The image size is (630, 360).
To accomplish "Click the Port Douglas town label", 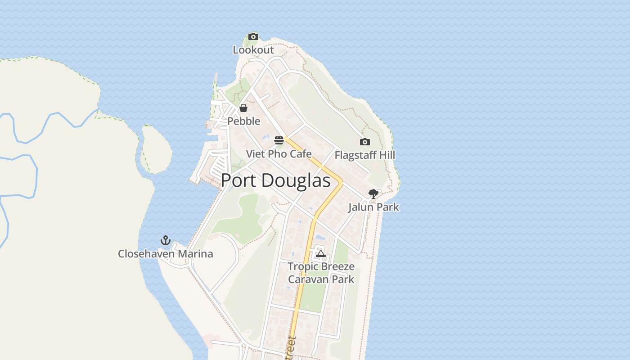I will pyautogui.click(x=275, y=180).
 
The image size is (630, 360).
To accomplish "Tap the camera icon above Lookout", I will pyautogui.click(x=253, y=37).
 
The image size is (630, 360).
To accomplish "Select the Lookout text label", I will pyautogui.click(x=253, y=50).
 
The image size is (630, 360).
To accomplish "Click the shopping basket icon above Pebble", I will pyautogui.click(x=243, y=108).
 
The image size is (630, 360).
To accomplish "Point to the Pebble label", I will pyautogui.click(x=244, y=121).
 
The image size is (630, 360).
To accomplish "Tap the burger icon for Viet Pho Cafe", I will pyautogui.click(x=279, y=140).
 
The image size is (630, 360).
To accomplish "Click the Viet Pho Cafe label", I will pyautogui.click(x=279, y=154).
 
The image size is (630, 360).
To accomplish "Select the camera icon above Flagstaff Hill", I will pyautogui.click(x=365, y=142).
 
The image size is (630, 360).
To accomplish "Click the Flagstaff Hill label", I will pyautogui.click(x=365, y=155).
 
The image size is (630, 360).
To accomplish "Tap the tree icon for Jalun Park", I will pyautogui.click(x=373, y=194).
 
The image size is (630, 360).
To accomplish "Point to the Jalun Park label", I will pyautogui.click(x=373, y=207).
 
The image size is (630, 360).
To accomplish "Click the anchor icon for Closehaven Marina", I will pyautogui.click(x=166, y=240).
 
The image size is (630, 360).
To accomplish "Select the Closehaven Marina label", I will pyautogui.click(x=166, y=254).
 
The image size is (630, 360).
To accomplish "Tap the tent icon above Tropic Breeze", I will pyautogui.click(x=320, y=254).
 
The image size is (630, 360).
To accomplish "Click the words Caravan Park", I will pyautogui.click(x=321, y=279).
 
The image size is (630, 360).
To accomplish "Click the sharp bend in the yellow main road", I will pyautogui.click(x=341, y=183).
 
